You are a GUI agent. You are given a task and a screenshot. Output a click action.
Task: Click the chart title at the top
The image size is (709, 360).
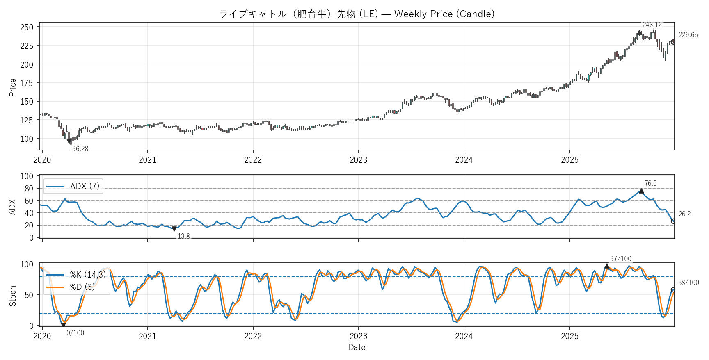coord(357,14)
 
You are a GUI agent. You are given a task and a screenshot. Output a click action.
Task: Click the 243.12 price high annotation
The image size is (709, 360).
coord(652,25)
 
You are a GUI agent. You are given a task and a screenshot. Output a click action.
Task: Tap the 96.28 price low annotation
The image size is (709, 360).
coord(80,149)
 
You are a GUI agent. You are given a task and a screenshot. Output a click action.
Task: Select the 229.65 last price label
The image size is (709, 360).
coord(688,35)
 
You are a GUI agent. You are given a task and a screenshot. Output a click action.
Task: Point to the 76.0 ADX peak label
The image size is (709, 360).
coord(650,183)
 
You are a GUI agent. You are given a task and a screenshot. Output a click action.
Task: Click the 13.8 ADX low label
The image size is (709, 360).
coord(183,236)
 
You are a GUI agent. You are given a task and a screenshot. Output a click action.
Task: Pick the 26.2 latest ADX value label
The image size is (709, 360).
coord(684,214)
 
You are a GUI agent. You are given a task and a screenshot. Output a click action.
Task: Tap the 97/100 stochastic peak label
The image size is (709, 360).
coord(620,259)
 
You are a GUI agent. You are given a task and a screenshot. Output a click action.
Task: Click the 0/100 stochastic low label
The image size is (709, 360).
coord(75,333)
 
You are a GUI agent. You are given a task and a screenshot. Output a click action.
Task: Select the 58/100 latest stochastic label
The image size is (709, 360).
coord(688,283)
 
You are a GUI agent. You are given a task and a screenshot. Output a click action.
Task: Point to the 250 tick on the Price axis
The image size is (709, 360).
coord(27,27)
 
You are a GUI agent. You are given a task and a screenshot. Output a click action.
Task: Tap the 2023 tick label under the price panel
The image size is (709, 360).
coord(358,160)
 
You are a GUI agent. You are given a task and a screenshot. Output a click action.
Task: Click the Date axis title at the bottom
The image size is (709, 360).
coord(357,347)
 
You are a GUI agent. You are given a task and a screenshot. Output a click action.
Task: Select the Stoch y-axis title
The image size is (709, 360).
coord(13,296)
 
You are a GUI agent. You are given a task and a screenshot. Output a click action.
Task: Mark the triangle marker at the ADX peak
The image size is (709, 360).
coord(641,191)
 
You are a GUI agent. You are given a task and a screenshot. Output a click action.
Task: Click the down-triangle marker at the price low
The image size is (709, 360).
coord(69,141)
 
